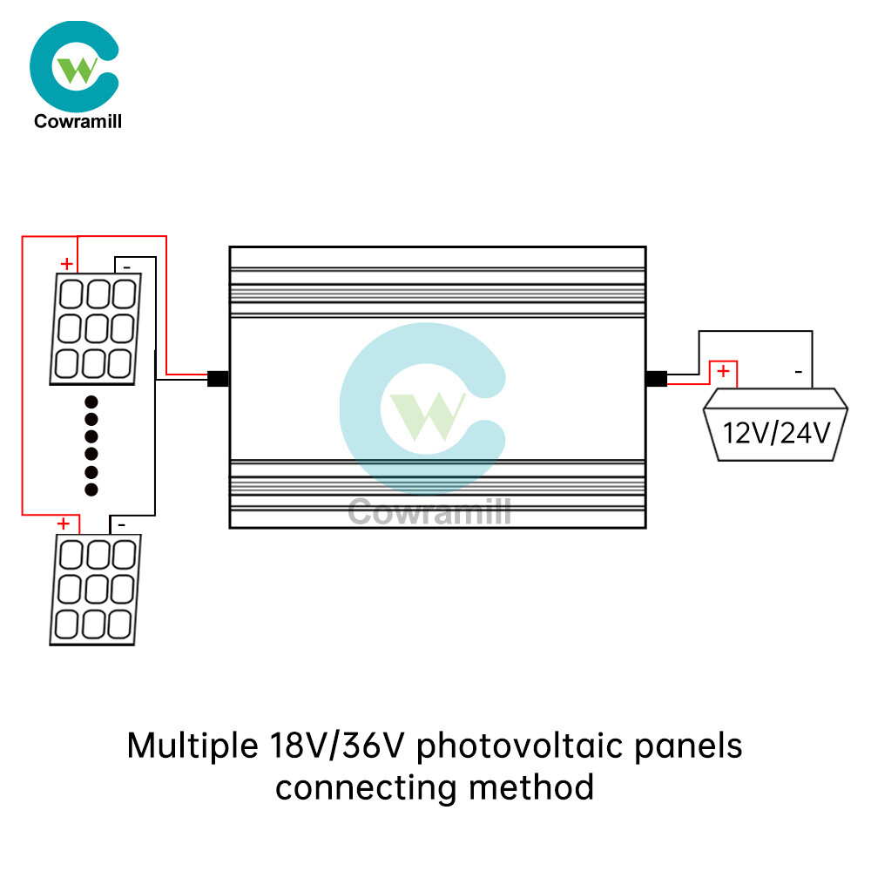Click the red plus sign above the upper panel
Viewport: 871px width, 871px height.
click(66, 263)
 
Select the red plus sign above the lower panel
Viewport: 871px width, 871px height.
click(63, 523)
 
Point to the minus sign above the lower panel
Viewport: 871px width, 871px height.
click(121, 525)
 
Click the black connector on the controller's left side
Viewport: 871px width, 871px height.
click(218, 379)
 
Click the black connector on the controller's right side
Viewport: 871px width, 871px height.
click(656, 379)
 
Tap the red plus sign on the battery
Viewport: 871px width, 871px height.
click(722, 372)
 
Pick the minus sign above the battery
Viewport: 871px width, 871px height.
click(798, 373)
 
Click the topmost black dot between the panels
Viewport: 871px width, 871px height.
click(91, 403)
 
